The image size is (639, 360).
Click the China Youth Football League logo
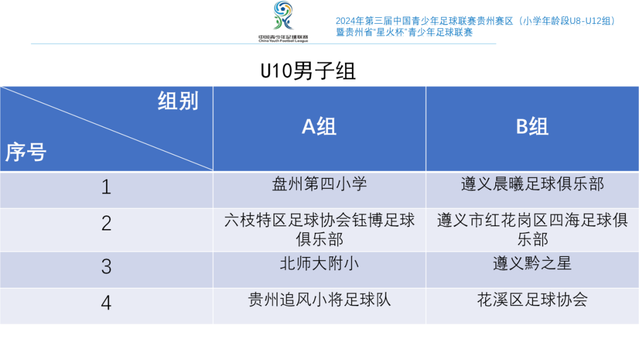pyautogui.click(x=283, y=21)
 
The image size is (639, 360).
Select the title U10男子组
pyautogui.click(x=308, y=71)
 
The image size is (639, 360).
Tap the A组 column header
pyautogui.click(x=319, y=126)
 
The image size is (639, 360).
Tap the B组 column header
pyautogui.click(x=532, y=126)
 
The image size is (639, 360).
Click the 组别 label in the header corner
pyautogui.click(x=178, y=101)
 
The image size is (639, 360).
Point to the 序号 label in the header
pyautogui.click(x=25, y=152)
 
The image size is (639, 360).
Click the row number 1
pyautogui.click(x=106, y=187)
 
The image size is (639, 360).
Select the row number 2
pyautogui.click(x=106, y=223)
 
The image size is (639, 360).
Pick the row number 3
pyautogui.click(x=106, y=266)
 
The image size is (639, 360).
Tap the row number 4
pyautogui.click(x=106, y=303)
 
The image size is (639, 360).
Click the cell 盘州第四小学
pyautogui.click(x=319, y=184)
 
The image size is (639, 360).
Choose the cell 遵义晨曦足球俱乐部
pyautogui.click(x=532, y=184)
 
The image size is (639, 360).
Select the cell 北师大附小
pyautogui.click(x=319, y=263)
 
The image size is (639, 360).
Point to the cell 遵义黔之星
pyautogui.click(x=532, y=263)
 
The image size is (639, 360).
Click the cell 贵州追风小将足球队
pyautogui.click(x=319, y=300)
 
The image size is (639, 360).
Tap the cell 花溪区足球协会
pyautogui.click(x=532, y=300)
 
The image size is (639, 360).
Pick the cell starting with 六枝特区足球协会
pyautogui.click(x=319, y=230)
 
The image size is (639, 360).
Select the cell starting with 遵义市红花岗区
pyautogui.click(x=532, y=230)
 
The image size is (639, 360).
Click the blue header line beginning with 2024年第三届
pyautogui.click(x=475, y=21)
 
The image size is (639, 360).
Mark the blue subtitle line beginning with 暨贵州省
pyautogui.click(x=404, y=32)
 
